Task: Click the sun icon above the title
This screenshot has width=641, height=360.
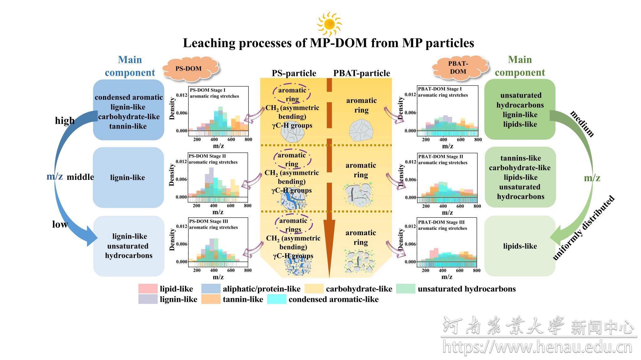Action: point(329,24)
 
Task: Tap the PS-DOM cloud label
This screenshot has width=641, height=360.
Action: point(188,68)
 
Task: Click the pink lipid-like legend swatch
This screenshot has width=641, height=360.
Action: point(148,288)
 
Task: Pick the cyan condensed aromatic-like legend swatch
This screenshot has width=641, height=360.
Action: point(277,299)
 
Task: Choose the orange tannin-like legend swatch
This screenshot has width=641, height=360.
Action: point(211,299)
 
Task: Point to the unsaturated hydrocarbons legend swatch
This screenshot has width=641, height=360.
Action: point(406,288)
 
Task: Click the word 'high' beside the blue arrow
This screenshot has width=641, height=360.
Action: point(65,120)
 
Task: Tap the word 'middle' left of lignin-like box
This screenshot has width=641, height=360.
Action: point(80,177)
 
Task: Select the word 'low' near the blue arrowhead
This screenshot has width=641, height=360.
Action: point(60,224)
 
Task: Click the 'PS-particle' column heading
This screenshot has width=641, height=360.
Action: point(294,73)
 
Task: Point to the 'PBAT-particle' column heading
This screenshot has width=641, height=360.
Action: point(362,73)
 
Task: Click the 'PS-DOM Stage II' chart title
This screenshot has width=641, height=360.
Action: point(207,156)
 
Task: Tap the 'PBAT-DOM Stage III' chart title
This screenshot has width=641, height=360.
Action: point(441,222)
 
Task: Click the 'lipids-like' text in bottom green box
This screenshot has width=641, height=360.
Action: point(520,246)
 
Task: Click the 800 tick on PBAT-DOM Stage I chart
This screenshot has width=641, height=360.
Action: point(478,139)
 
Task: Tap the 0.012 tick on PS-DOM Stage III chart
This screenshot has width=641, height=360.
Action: point(182,226)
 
